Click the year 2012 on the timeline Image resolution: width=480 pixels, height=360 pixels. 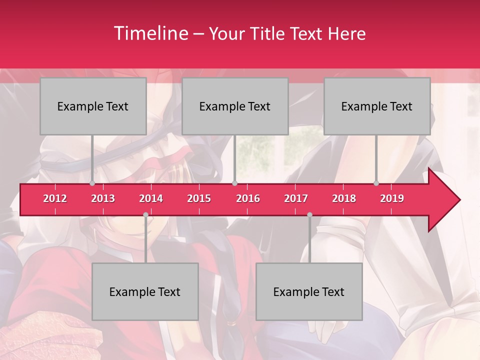[x=55, y=198]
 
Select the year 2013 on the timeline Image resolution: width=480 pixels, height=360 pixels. [x=103, y=198]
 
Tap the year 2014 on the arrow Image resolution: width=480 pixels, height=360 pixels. [x=151, y=198]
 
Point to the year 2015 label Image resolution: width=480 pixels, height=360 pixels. [x=199, y=198]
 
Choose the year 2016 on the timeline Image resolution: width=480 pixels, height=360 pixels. [x=248, y=198]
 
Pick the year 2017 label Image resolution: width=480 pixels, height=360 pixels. [x=296, y=198]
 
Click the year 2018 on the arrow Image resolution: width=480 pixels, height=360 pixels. [x=344, y=198]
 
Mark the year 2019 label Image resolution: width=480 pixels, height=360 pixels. [x=392, y=198]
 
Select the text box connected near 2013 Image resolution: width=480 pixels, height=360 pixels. [x=93, y=106]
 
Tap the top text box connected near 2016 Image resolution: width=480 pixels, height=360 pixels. [x=235, y=106]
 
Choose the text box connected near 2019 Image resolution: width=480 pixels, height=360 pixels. [x=377, y=106]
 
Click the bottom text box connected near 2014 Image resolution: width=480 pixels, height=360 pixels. [x=145, y=291]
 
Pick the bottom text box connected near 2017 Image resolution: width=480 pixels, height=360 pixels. [x=309, y=291]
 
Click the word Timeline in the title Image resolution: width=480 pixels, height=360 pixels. [x=150, y=33]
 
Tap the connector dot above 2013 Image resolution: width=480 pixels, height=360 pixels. [x=92, y=183]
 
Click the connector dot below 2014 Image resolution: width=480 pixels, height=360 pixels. [x=145, y=215]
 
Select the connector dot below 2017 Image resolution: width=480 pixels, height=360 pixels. [x=309, y=215]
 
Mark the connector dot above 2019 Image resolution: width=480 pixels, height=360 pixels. [x=376, y=183]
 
